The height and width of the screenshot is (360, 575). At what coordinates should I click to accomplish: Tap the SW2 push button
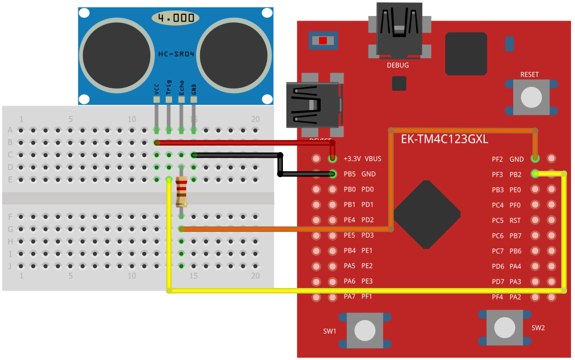504,327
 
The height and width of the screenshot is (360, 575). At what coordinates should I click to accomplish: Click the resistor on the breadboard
181,191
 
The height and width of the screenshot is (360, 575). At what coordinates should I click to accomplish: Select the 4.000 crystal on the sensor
175,18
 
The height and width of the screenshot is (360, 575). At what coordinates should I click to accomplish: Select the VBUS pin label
373,159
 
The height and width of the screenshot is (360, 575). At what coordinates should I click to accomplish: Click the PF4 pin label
497,297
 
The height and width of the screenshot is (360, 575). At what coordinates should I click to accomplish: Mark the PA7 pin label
350,297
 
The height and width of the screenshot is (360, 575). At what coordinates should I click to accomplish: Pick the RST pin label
515,220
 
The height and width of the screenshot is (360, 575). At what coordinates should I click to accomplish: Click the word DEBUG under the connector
398,65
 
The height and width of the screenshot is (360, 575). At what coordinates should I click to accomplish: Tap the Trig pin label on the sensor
169,87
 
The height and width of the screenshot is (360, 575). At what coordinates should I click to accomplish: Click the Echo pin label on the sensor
181,87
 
